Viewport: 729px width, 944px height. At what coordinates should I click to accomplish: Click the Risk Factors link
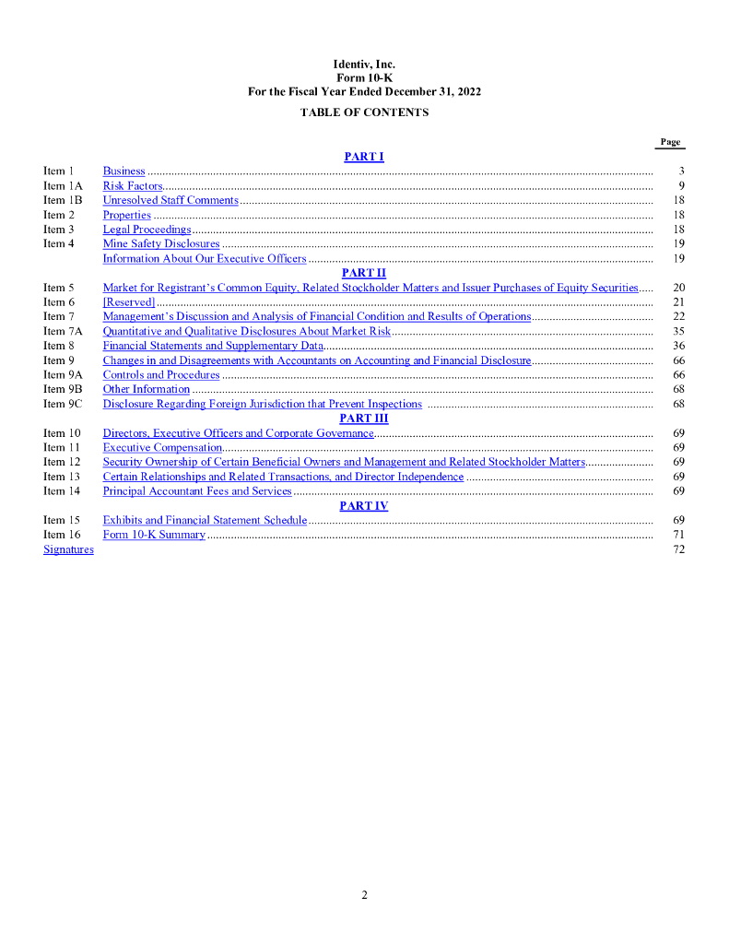133,186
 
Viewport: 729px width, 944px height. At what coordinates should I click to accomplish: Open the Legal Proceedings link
147,230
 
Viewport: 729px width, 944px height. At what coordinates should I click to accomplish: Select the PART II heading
364,273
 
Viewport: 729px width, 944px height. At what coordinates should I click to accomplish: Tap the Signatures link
68,549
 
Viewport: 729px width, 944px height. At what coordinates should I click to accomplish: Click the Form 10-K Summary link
154,535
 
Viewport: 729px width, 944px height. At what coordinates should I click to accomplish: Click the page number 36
678,346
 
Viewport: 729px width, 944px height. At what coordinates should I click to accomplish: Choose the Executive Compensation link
162,447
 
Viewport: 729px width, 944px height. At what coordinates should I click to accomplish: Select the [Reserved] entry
129,301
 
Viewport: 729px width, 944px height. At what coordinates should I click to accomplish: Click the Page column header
670,142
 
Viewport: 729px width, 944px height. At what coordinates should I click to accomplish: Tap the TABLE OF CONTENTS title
364,112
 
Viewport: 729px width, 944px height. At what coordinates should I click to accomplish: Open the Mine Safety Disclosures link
161,244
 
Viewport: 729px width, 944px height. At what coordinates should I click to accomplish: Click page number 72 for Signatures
678,549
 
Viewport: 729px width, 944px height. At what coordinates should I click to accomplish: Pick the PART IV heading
364,506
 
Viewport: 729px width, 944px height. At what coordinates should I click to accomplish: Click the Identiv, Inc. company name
364,65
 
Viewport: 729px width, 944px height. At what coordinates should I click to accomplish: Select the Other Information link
146,389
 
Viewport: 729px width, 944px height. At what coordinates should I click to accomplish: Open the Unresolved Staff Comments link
170,200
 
